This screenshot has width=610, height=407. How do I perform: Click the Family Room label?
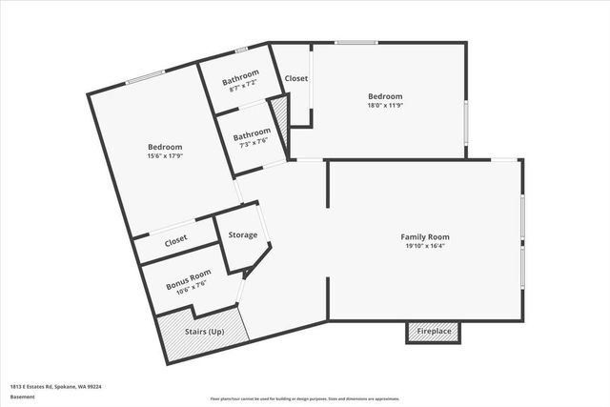[424, 236]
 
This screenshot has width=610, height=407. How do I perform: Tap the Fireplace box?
[434, 332]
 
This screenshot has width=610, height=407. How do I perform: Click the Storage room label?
[242, 234]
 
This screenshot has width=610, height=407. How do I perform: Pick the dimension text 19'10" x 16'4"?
[424, 246]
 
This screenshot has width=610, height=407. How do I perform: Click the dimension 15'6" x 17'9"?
[165, 156]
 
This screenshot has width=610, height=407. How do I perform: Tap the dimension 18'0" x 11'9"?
[385, 106]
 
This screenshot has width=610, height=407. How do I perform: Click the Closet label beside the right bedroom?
[296, 78]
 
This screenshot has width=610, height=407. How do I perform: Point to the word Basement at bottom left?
[22, 397]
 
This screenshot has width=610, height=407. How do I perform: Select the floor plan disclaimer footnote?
[305, 398]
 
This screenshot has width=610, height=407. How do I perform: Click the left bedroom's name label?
[165, 147]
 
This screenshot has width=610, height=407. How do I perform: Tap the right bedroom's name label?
[385, 96]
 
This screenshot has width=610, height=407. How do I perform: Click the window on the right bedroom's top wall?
[356, 41]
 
